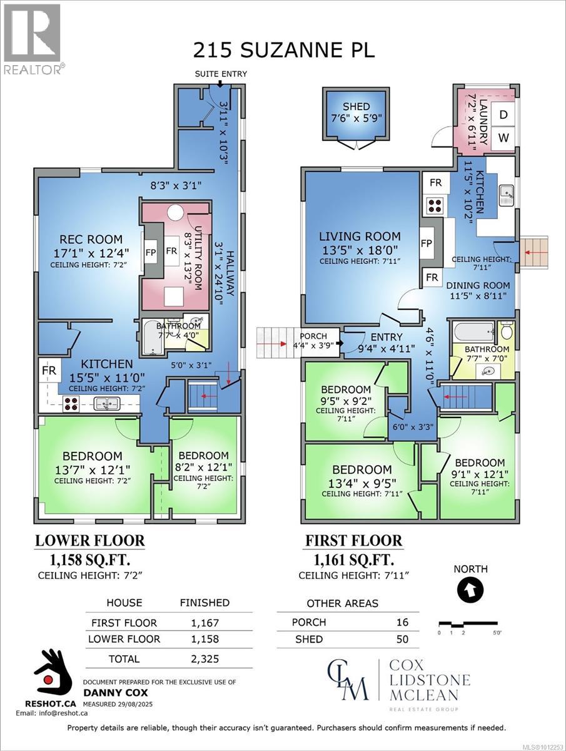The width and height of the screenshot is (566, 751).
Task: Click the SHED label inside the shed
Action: (356, 106)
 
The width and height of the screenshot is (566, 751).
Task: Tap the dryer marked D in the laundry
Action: (503, 115)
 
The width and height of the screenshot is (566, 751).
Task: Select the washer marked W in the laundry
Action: (503, 138)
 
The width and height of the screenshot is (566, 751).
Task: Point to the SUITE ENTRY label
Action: (221, 74)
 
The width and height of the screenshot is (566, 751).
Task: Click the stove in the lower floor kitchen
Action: (71, 404)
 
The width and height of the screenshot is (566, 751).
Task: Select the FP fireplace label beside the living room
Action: (426, 243)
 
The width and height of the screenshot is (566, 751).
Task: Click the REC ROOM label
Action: (91, 239)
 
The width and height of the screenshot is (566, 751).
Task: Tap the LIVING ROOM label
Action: (360, 236)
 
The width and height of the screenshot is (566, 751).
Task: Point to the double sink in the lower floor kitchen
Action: (107, 404)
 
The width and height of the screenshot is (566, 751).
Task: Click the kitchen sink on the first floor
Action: (507, 195)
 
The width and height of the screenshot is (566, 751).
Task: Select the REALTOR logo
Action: (33, 39)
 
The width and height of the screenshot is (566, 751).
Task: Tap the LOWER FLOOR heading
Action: (90, 540)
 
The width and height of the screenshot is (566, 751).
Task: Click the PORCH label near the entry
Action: (313, 336)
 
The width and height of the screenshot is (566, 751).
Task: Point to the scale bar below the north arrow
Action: (468, 623)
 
